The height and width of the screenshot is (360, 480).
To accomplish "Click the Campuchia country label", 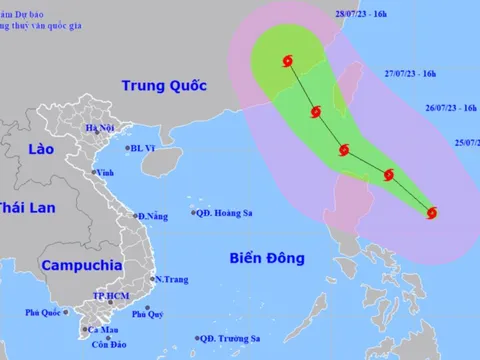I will (x=82, y=267).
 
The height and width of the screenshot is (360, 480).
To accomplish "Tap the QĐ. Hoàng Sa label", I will (x=224, y=212).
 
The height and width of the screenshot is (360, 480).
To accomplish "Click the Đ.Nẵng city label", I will (x=154, y=217).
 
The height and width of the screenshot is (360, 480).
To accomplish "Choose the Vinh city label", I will (x=104, y=172).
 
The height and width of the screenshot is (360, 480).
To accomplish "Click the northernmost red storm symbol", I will (x=289, y=62).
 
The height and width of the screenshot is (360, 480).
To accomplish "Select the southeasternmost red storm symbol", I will (x=432, y=211).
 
